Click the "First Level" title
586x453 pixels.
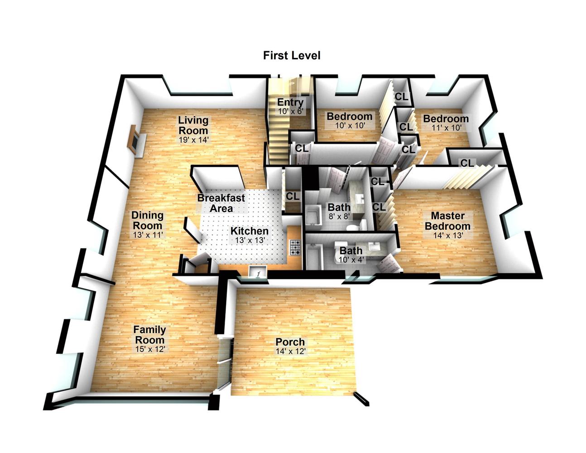(292, 55)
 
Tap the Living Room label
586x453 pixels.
(193, 125)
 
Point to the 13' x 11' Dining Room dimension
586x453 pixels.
(148, 235)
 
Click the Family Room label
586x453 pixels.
(149, 334)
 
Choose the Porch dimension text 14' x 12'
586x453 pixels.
(290, 351)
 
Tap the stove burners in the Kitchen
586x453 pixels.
(295, 247)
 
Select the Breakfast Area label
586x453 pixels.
(221, 203)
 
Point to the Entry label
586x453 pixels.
(290, 102)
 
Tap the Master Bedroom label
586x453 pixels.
(448, 221)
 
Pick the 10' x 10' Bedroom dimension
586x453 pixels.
(350, 125)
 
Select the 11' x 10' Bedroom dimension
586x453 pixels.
(447, 128)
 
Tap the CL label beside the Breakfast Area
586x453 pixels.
(293, 196)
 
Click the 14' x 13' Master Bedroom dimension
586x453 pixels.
(448, 236)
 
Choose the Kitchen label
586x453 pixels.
(250, 231)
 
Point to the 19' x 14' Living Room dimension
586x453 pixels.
(194, 140)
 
